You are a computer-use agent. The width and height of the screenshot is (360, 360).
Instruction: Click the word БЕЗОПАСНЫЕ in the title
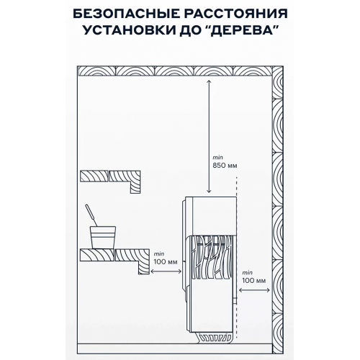tap(126, 14)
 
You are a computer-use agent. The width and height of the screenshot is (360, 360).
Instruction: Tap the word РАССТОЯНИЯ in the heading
tap(236, 14)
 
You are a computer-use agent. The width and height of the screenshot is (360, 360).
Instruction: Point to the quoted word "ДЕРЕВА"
tap(242, 30)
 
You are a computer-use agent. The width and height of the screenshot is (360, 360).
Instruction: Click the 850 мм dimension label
tap(225, 166)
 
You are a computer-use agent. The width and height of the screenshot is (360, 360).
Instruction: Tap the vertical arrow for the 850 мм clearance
tap(209, 137)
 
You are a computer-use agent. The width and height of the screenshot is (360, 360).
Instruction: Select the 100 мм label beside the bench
tap(166, 261)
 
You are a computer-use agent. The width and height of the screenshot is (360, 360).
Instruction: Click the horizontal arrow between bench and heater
tap(166, 271)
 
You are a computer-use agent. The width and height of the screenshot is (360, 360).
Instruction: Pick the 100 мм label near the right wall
tap(253, 280)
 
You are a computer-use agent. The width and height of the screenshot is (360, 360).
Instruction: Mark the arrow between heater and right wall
tap(254, 290)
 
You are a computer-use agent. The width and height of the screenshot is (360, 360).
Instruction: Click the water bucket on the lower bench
tap(103, 237)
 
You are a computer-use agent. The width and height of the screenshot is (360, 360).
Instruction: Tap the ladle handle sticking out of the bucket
tap(91, 215)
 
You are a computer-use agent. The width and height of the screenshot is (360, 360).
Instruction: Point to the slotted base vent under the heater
tap(215, 338)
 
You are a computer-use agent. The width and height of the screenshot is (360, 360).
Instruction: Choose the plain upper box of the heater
tap(211, 215)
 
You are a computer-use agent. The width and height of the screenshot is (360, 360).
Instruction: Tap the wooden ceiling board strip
tap(175, 71)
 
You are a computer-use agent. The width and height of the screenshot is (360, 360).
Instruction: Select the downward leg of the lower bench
tap(143, 268)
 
